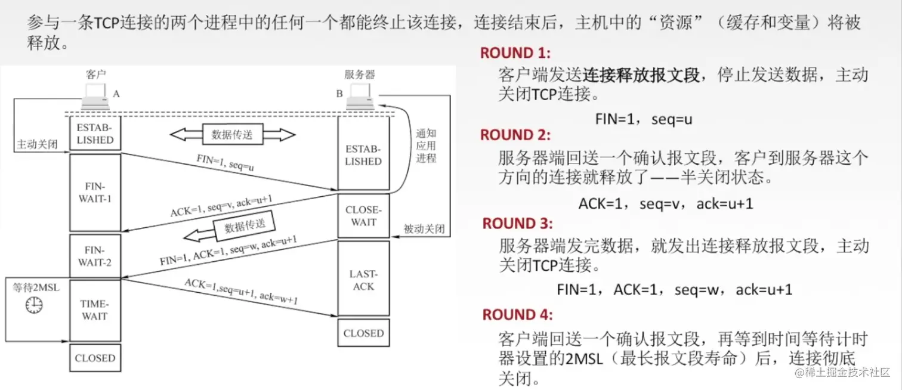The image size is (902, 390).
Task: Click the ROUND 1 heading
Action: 515,53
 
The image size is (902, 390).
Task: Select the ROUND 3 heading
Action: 517,224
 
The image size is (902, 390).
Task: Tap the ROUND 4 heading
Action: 517,314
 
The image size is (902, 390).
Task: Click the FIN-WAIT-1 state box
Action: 95,192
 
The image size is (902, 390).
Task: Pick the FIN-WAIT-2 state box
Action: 95,256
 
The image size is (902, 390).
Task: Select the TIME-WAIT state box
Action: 95,310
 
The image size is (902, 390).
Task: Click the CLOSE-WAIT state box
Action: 363,215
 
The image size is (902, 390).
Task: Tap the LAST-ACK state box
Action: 363,280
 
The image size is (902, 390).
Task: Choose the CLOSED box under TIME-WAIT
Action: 95,358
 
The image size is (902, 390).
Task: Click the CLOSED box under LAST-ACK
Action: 363,333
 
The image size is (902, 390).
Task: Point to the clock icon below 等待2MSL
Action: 34,305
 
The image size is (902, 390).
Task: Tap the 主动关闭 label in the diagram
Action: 38,144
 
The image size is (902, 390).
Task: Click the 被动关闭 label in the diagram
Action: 424,228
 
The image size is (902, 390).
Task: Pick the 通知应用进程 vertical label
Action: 426,146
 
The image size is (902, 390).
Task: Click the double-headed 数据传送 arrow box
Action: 232,135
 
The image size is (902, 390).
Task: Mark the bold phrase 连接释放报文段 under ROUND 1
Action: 641,75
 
